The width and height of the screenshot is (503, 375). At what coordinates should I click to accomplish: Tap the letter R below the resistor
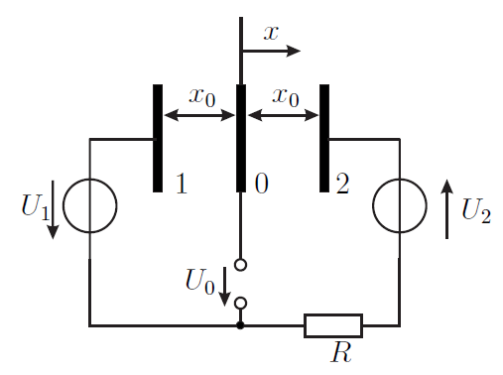coord(341,352)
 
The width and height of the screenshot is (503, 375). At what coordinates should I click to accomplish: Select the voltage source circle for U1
coord(63,205)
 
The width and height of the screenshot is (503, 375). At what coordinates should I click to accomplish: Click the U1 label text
coord(36,207)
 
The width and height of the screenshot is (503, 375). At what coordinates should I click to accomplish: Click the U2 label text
coord(476,210)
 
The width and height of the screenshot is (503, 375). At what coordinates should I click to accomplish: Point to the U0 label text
coord(200,281)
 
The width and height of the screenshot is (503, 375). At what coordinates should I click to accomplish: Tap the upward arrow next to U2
coord(446,209)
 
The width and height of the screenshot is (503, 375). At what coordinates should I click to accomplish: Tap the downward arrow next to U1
coord(53,209)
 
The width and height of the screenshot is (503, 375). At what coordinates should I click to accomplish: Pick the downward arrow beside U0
coord(225,287)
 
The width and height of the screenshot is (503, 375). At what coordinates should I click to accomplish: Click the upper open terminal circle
coord(240,265)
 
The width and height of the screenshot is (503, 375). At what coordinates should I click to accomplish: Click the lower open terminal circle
coord(240,303)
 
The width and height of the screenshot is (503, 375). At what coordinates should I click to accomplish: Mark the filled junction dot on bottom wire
coord(240,325)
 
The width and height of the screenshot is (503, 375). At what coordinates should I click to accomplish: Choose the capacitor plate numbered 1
coord(158,138)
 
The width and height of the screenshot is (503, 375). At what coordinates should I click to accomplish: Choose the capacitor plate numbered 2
coord(324,138)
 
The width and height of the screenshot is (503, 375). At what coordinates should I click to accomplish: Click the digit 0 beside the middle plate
coord(262,184)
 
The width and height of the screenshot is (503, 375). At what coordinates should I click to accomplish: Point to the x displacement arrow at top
coord(271,51)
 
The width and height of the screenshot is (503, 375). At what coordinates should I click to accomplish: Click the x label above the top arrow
coord(271,33)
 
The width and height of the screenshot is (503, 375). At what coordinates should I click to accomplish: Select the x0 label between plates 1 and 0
coord(202,97)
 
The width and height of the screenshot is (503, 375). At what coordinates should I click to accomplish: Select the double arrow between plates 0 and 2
coord(283,115)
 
